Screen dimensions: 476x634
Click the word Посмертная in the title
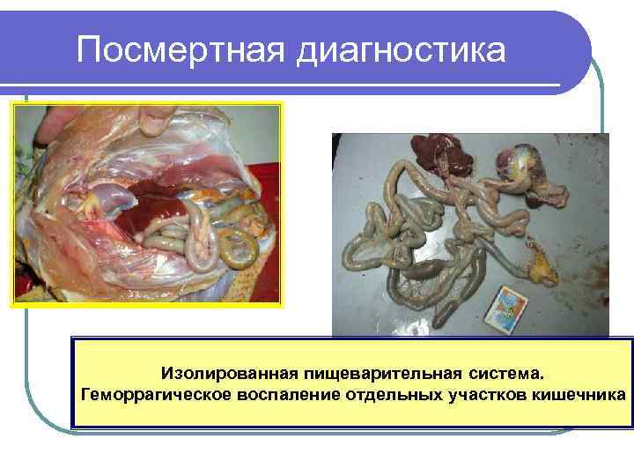[181, 50]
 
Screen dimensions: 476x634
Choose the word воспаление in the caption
[276, 392]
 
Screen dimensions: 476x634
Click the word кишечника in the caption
[571, 392]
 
